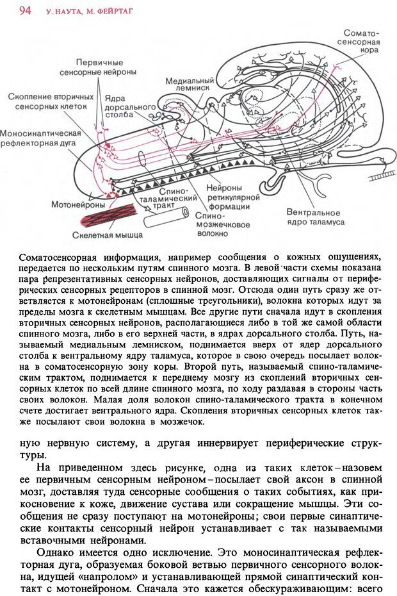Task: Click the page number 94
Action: tap(26, 10)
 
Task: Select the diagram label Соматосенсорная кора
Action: tap(361, 40)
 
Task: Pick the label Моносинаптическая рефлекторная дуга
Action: tap(41, 138)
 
